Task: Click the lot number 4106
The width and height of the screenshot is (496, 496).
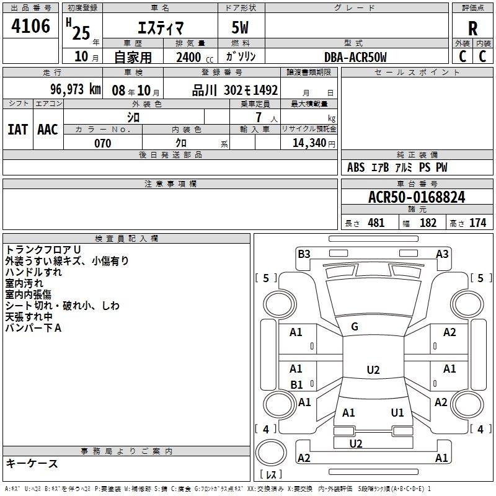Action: click(x=30, y=26)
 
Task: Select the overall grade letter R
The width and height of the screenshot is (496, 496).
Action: click(x=472, y=29)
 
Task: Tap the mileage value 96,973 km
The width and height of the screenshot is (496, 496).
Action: click(x=76, y=89)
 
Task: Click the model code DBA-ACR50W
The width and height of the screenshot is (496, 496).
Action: click(x=355, y=57)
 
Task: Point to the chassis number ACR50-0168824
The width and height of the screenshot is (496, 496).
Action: click(x=417, y=197)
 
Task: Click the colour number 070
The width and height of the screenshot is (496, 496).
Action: click(x=102, y=143)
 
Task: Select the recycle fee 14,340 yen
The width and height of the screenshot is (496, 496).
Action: click(x=314, y=143)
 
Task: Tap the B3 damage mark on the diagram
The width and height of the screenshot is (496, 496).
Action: click(x=304, y=254)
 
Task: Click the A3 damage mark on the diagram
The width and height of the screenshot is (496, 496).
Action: click(x=442, y=254)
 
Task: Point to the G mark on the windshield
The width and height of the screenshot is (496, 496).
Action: click(x=355, y=327)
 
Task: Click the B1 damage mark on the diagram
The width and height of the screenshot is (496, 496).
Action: click(x=296, y=384)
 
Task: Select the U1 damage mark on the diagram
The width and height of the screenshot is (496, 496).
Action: click(x=397, y=412)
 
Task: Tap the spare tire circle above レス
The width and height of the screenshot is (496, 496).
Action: click(x=271, y=453)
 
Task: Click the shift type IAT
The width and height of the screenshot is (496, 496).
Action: click(x=17, y=130)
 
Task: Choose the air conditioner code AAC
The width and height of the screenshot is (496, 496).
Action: click(x=48, y=130)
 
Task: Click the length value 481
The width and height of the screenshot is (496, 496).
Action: click(x=376, y=223)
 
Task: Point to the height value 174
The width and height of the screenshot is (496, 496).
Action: click(x=477, y=223)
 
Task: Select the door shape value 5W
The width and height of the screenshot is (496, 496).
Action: click(x=240, y=27)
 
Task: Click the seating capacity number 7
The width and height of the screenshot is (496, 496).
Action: click(x=259, y=117)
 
